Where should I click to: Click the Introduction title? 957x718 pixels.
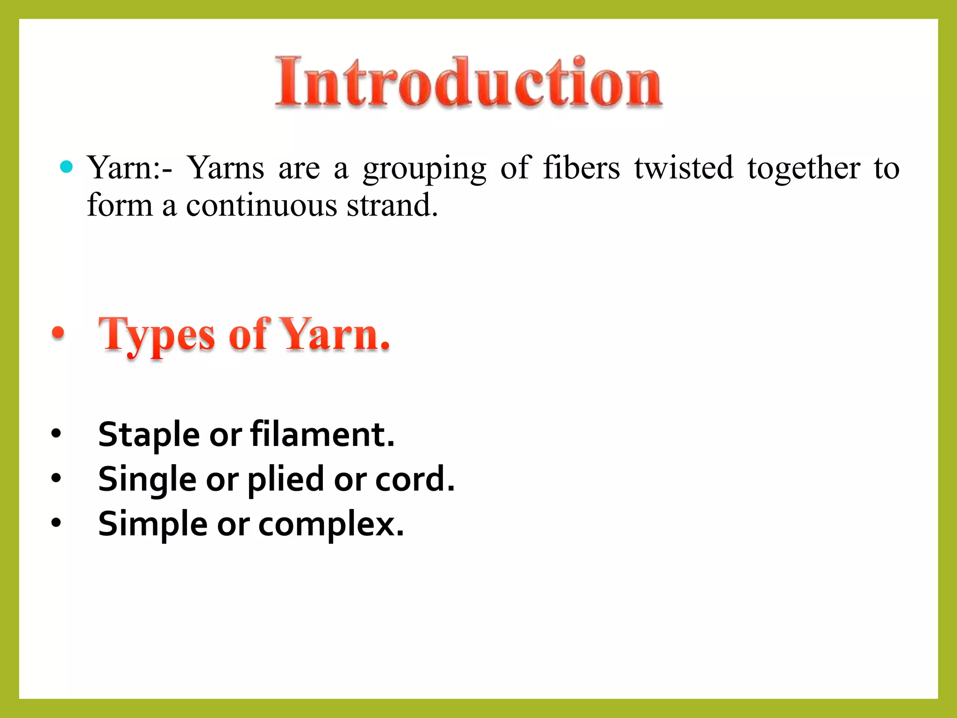pos(469,83)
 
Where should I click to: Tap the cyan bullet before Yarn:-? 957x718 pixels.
pos(67,167)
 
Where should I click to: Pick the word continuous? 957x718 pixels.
pos(261,205)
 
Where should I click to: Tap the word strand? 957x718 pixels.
pos(392,205)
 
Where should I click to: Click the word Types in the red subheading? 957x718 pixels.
pos(157,336)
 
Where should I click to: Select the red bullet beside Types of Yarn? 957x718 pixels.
pos(58,333)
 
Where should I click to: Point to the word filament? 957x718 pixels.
pos(322,434)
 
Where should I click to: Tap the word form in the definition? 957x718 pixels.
pos(120,205)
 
